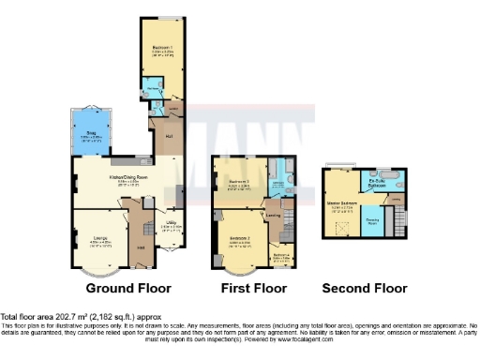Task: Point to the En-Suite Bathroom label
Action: pos(378,185)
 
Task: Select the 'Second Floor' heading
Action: pos(365,288)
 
